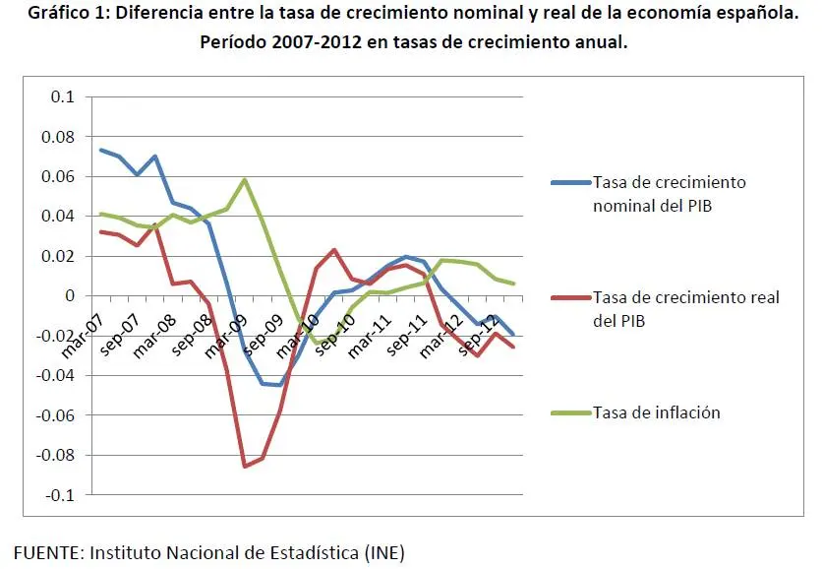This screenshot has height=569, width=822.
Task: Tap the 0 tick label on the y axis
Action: click(x=69, y=295)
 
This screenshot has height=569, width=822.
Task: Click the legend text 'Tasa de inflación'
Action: click(x=656, y=412)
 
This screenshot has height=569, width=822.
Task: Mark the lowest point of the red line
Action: click(x=245, y=466)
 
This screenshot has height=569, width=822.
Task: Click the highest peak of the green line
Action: click(x=245, y=179)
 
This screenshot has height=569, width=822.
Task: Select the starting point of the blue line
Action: click(x=101, y=150)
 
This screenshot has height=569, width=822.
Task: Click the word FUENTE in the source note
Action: click(x=47, y=551)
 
